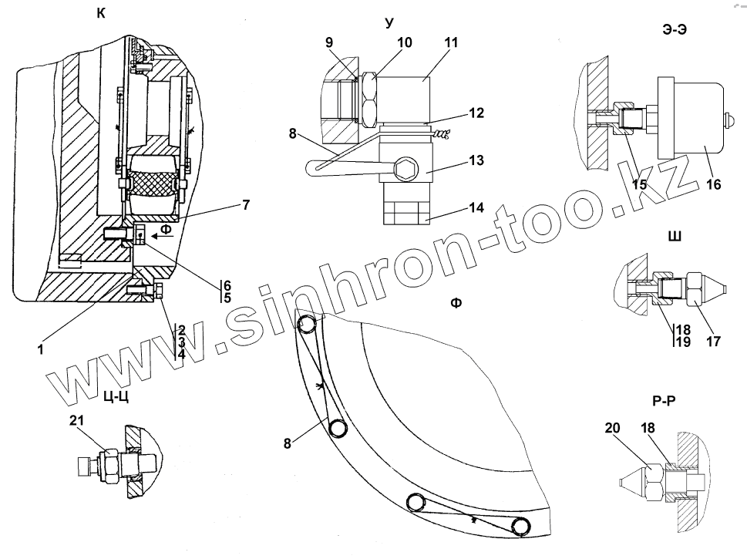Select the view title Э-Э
pos(676,29)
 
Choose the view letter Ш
pos(675,236)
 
